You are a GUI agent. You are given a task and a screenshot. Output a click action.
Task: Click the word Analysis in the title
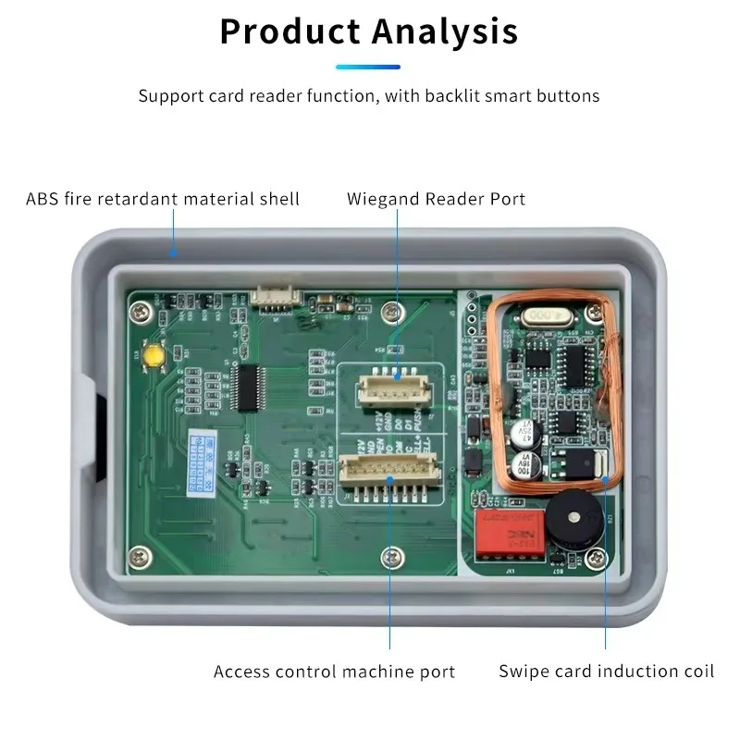coord(445,31)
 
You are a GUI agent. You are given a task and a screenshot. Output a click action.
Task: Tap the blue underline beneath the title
coord(368,67)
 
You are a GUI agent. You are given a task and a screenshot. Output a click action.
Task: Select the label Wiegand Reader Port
coord(436,199)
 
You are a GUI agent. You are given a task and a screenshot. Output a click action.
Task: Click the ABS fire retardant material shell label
coord(163,199)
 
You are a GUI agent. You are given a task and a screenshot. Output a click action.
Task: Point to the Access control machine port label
coord(334,672)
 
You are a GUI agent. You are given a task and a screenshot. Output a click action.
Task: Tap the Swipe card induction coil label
coord(607,672)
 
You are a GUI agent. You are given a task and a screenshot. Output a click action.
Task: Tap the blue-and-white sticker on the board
coord(198,460)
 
